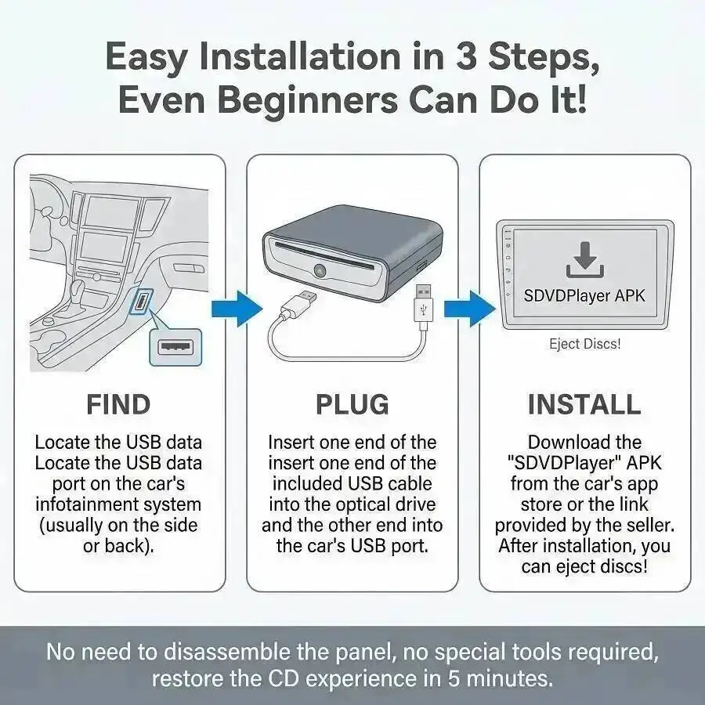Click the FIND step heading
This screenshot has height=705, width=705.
118,404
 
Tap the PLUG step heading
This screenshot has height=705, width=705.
352,404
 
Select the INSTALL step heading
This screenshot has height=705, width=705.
584,404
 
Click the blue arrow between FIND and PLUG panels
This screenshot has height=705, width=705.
237,309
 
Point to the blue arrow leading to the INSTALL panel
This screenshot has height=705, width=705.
470,309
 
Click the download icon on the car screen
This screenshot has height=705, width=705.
584,260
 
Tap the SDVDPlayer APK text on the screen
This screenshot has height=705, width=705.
584,295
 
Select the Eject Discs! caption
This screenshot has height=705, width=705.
584,344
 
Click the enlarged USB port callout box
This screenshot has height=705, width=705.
175,347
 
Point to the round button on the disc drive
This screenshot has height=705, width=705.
320,269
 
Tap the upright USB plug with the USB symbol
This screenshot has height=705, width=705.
423,305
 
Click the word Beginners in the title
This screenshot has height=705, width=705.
308,99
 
